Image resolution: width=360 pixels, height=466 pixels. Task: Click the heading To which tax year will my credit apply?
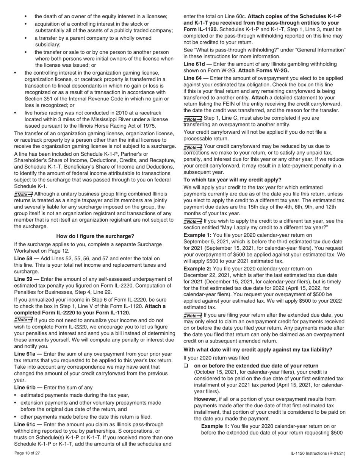tap(232, 180)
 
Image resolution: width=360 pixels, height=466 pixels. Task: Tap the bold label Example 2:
tap(197, 269)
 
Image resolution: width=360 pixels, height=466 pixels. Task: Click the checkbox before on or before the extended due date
tap(186, 366)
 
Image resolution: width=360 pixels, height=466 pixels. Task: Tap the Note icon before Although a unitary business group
tap(23, 194)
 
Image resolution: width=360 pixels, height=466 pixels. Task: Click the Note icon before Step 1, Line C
tap(193, 119)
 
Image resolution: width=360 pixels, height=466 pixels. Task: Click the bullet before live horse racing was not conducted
tap(16, 113)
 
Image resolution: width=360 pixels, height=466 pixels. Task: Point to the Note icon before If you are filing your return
tap(193, 315)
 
